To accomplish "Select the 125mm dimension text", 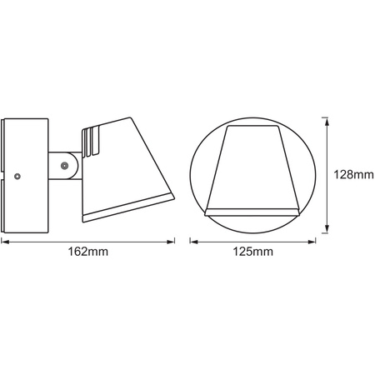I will point(252,251).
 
